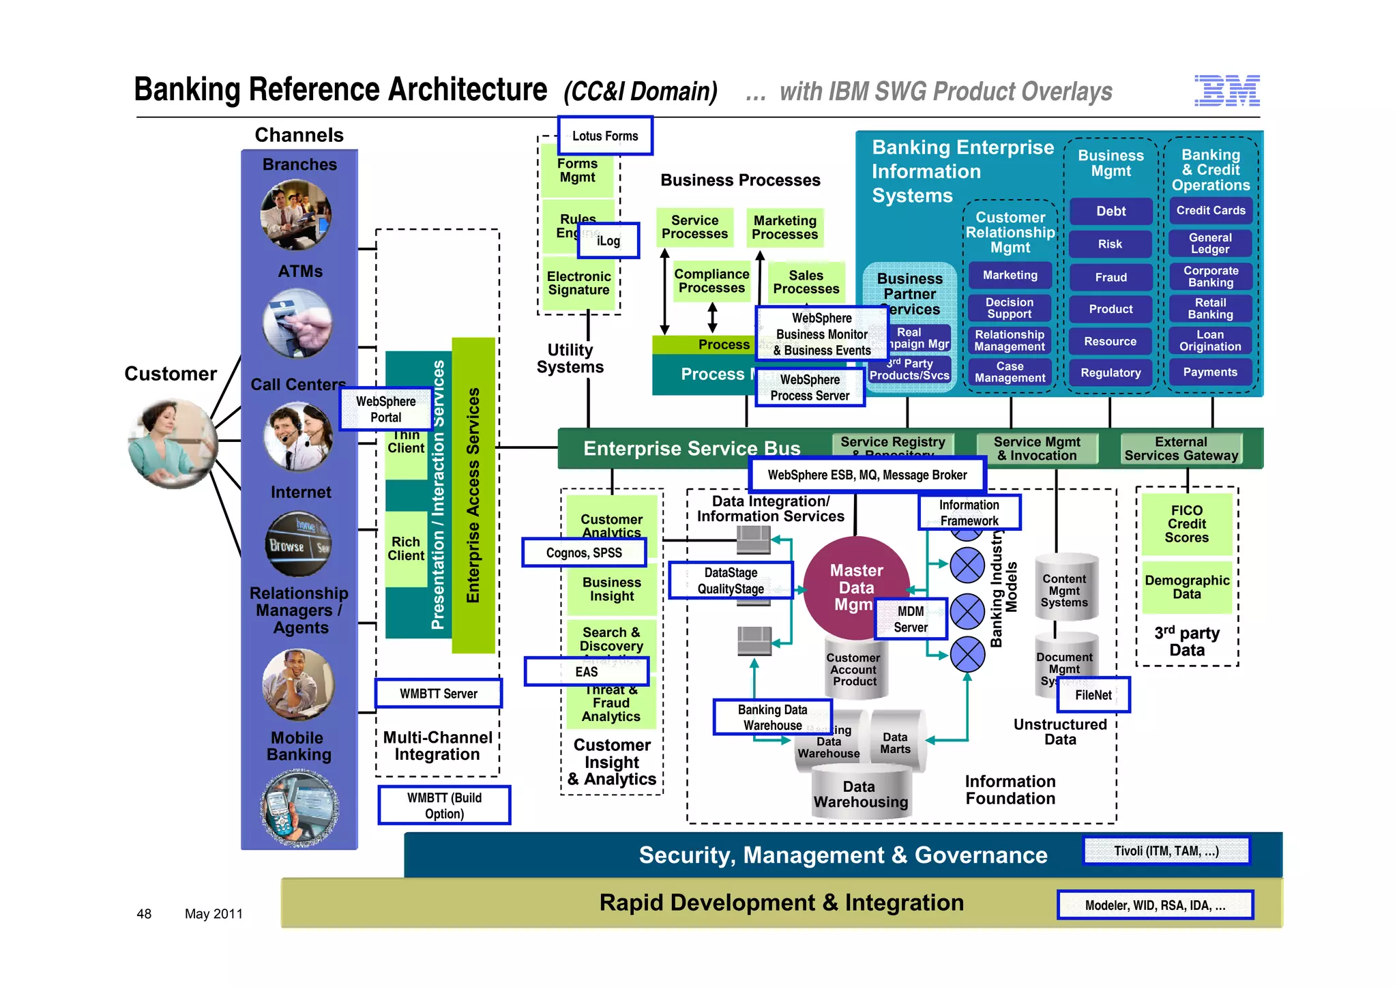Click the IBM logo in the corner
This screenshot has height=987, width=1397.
[1226, 91]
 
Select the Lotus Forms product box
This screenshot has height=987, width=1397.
[605, 136]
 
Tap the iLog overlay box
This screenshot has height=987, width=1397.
[608, 240]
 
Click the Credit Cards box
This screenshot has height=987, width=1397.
[1210, 211]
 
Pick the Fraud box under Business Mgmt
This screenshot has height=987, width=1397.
[1111, 277]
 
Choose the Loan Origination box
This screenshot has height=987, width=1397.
[1210, 340]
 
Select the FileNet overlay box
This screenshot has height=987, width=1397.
[1093, 695]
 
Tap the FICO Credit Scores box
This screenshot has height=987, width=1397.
[1186, 524]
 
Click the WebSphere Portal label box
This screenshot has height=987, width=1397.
[385, 409]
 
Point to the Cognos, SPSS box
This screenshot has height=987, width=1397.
[584, 553]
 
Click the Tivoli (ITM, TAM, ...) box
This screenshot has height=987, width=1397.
[1166, 851]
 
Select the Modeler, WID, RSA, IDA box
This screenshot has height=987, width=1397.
[1155, 905]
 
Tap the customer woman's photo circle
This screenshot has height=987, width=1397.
[173, 444]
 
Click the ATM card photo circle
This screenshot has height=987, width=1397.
[298, 324]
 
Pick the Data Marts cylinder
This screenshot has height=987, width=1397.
[895, 742]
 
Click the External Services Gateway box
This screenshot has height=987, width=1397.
[1181, 449]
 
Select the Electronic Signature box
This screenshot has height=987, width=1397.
[578, 283]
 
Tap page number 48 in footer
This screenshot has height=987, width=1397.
[144, 913]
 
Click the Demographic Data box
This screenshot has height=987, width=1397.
[1186, 587]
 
